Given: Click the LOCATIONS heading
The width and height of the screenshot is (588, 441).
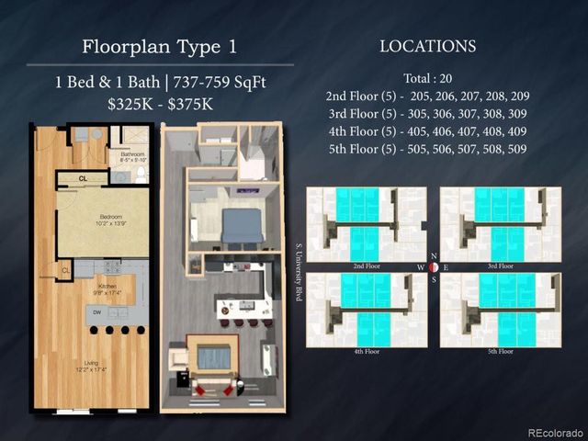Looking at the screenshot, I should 427,46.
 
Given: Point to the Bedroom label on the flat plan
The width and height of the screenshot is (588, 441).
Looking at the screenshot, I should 102,219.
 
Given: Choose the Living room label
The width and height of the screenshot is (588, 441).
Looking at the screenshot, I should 91,364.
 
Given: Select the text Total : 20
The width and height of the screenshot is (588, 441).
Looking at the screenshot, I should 427,78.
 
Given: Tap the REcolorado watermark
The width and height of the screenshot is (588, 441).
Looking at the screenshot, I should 555,433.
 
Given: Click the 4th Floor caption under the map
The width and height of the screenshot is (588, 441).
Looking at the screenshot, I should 366,350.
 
